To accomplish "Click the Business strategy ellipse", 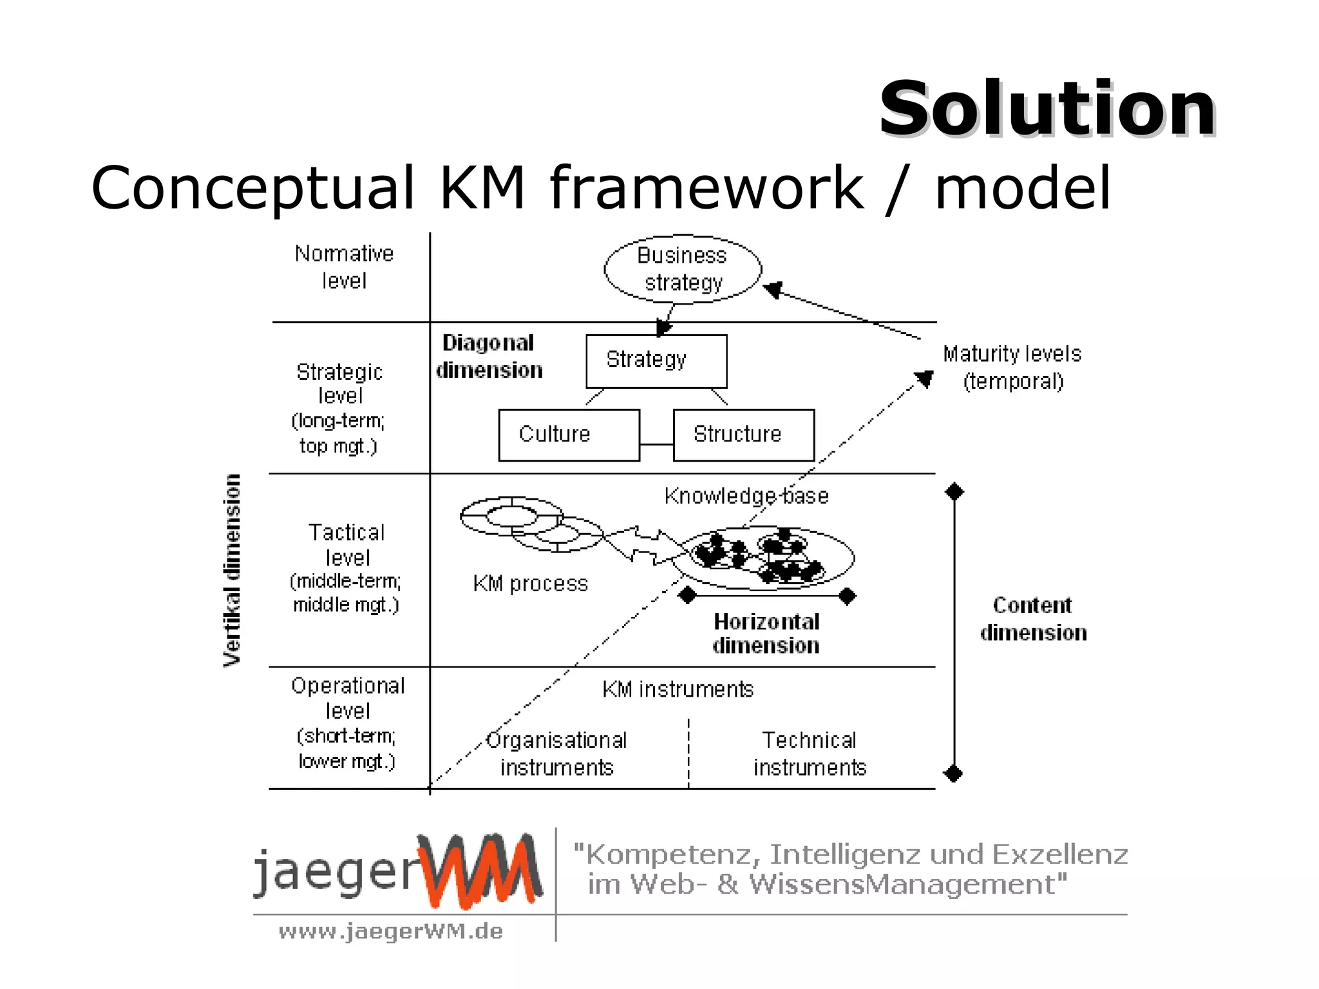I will click(x=683, y=269).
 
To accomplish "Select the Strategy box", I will click(x=656, y=361).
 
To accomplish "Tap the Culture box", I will click(x=569, y=435).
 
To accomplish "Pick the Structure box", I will click(x=743, y=435).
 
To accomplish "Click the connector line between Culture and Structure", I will click(x=656, y=444).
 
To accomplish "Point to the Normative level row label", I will click(x=344, y=267).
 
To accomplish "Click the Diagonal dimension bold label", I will click(x=489, y=356).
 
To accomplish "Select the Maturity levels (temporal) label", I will click(x=1012, y=368).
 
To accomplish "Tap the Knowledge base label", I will click(x=746, y=496).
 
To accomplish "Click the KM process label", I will click(x=530, y=583).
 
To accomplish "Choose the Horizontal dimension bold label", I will click(x=766, y=634).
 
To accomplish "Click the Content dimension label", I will click(x=1033, y=619).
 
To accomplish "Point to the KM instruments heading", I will click(x=678, y=690).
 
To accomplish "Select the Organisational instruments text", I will click(x=556, y=754).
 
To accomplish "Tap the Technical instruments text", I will click(x=810, y=754).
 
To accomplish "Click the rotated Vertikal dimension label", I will click(x=232, y=570).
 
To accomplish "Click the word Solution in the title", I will click(x=1047, y=109).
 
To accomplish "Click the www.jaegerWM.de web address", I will click(x=390, y=931).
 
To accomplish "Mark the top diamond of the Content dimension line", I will click(x=954, y=492).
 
